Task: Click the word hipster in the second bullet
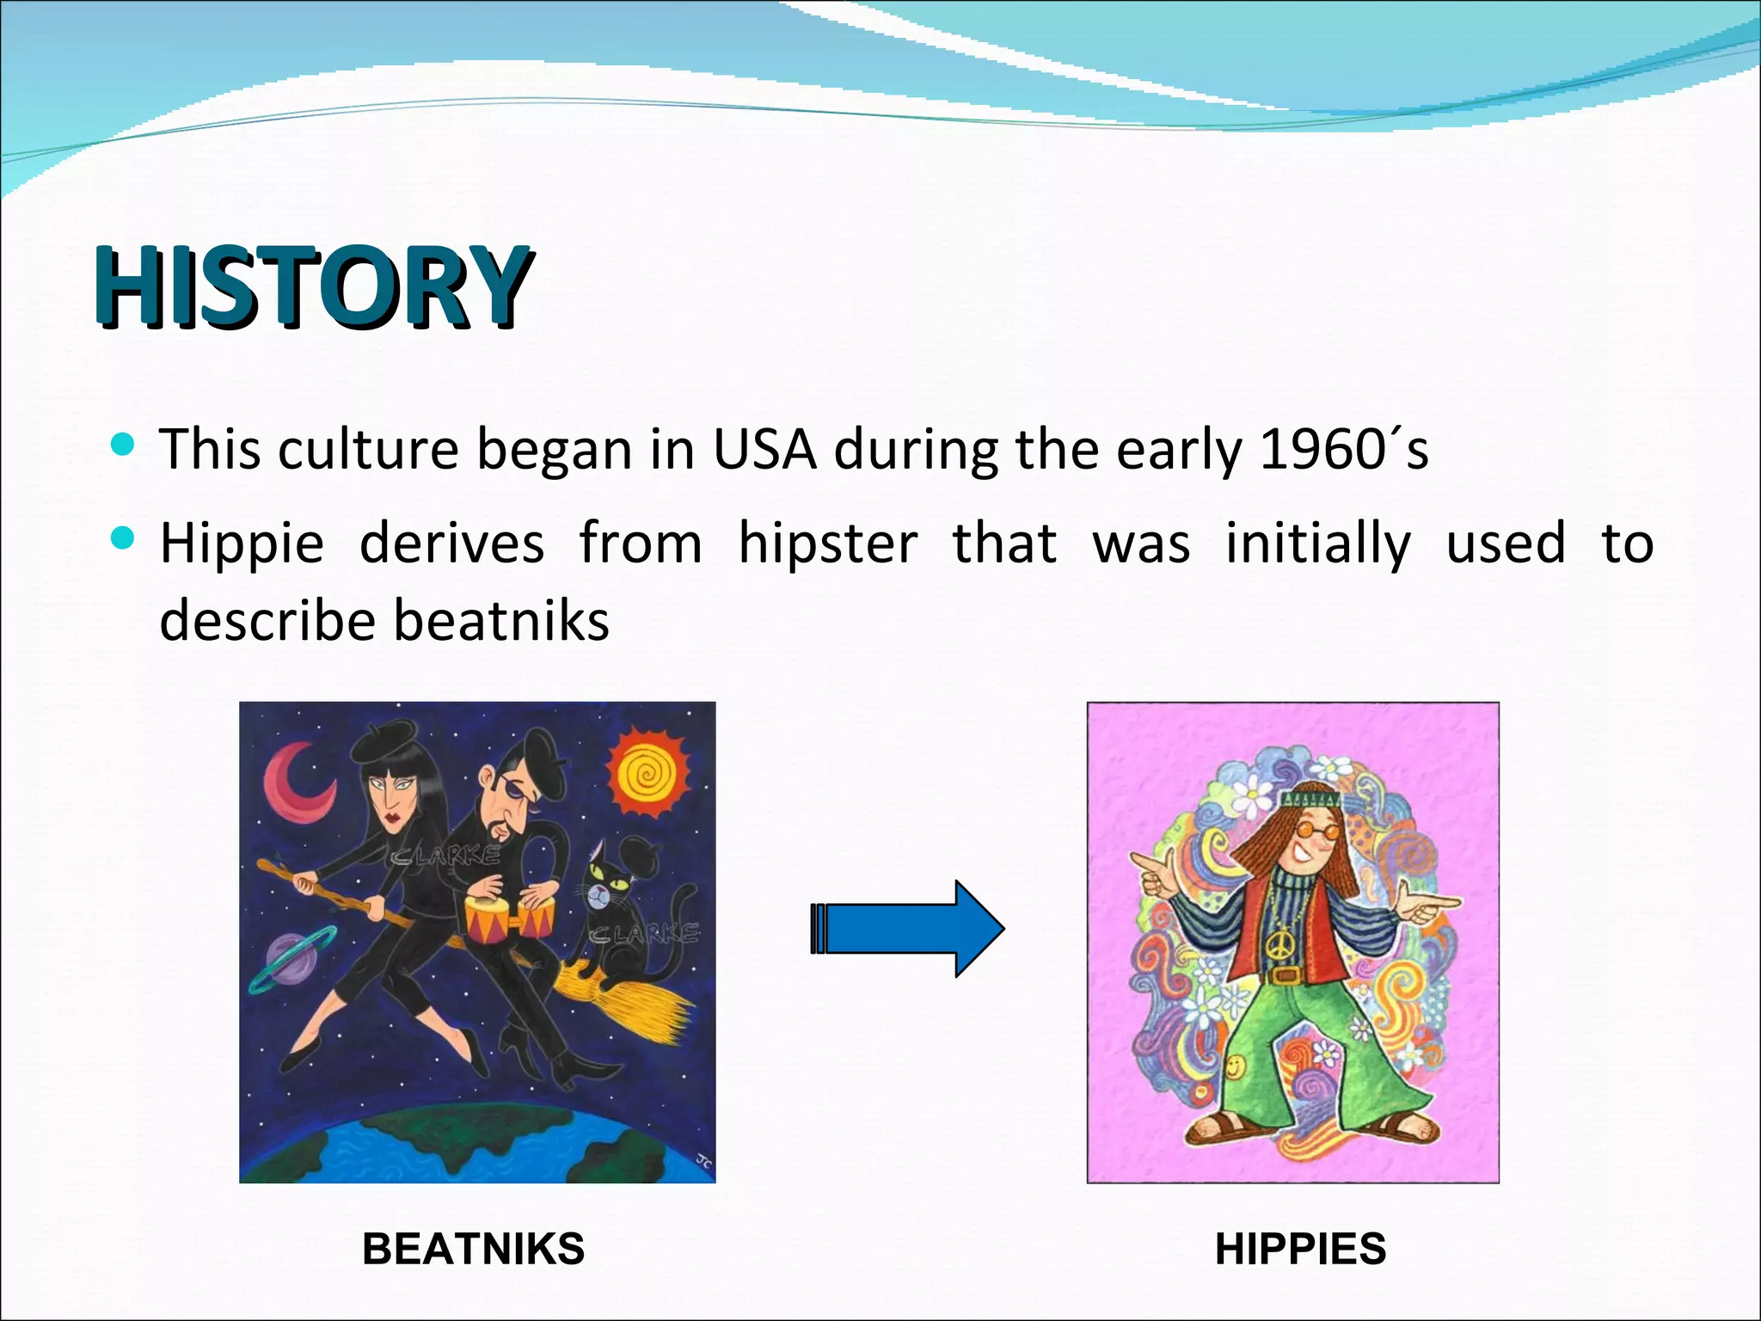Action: (x=827, y=544)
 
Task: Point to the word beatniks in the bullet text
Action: (x=500, y=621)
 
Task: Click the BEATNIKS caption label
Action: (x=473, y=1249)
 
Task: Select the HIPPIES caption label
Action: (x=1300, y=1249)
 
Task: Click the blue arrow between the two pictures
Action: (x=907, y=929)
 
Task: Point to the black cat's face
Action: (x=612, y=890)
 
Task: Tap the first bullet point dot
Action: (x=123, y=445)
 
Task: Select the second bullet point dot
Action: (x=123, y=539)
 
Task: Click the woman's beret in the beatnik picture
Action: (x=378, y=744)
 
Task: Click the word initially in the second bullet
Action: (x=1317, y=544)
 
